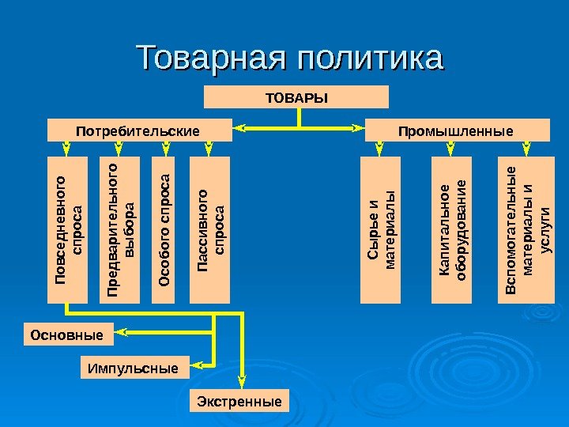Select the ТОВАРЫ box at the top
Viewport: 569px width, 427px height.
tap(296, 97)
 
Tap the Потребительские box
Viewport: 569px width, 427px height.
tap(140, 130)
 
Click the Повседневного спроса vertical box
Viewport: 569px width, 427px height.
tap(67, 230)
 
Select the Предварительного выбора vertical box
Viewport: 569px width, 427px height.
tap(120, 230)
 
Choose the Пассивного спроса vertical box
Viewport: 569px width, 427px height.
tap(210, 230)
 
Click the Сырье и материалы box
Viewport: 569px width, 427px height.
tap(381, 230)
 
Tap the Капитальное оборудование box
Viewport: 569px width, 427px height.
tap(452, 230)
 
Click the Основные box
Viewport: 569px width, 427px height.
tap(67, 334)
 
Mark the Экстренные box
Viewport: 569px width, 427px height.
tap(239, 402)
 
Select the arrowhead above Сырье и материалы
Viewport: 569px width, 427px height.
tap(381, 151)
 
